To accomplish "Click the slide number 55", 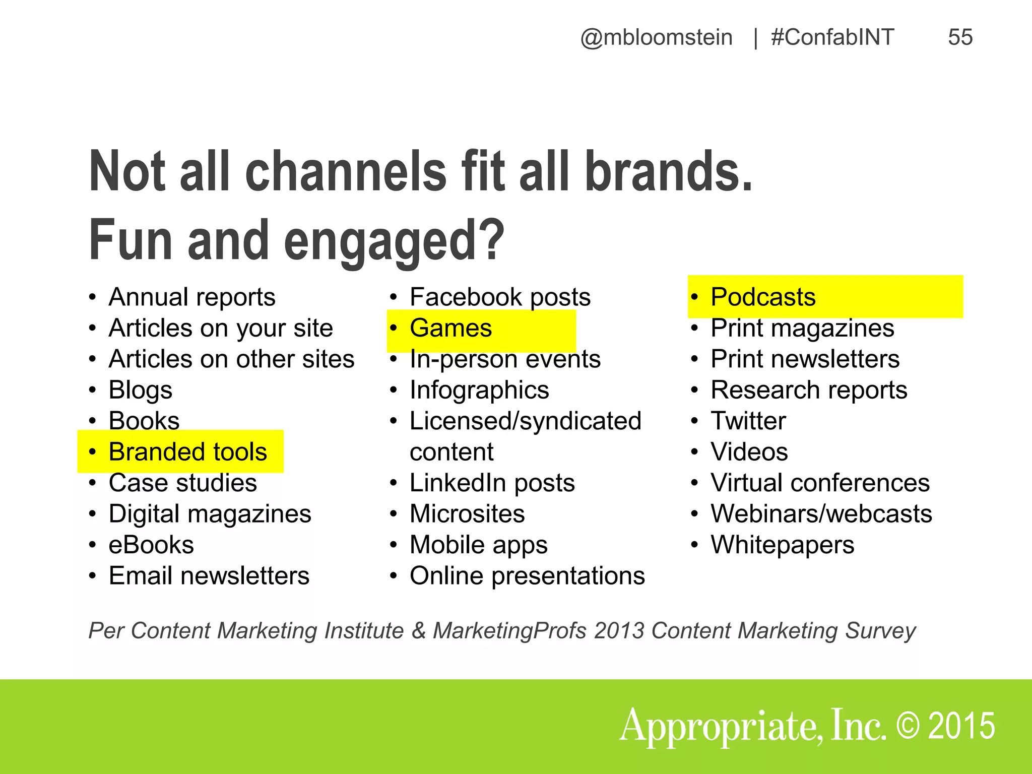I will (960, 37).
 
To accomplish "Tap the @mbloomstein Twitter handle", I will (656, 37).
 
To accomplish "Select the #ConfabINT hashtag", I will (832, 37).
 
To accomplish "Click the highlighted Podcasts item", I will (763, 297).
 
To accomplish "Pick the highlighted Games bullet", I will (450, 329).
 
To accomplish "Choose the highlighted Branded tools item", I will (187, 452).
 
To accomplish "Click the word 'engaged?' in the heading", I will (394, 241).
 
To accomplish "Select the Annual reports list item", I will (192, 297).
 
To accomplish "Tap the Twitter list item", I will (748, 421).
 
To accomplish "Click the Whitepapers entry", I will (782, 545).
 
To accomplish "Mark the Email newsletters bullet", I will (209, 576).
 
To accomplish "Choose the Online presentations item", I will (527, 576).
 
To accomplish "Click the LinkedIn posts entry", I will (492, 483).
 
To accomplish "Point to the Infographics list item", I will (479, 391).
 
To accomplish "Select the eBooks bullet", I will (151, 545).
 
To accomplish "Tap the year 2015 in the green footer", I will (961, 726).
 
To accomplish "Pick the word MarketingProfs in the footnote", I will (509, 631).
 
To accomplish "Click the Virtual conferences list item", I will (820, 483).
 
